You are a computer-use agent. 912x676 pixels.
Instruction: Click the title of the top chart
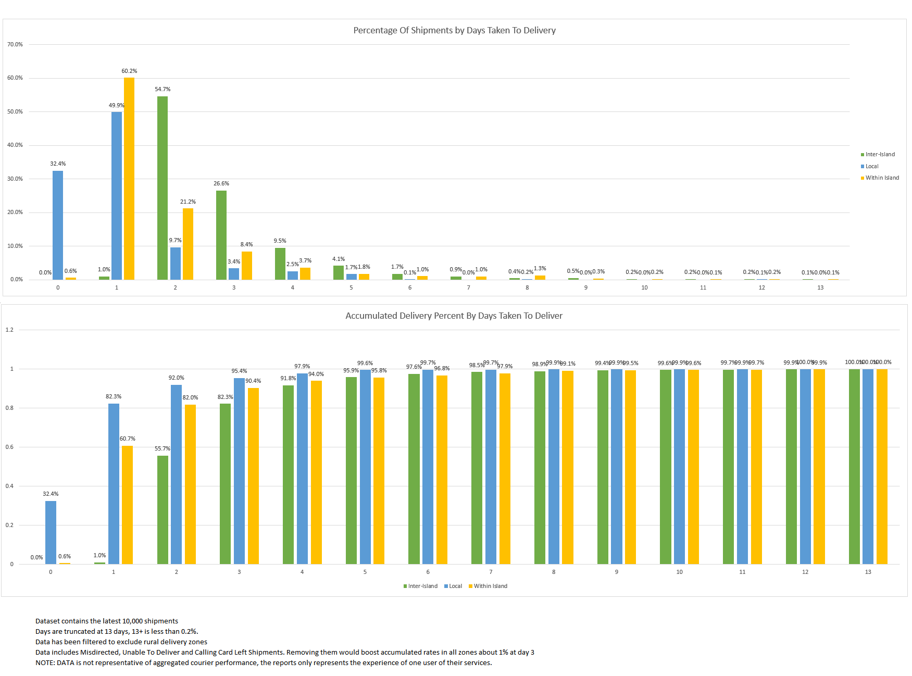pos(454,30)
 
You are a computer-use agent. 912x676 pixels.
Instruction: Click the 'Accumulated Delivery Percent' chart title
pos(454,316)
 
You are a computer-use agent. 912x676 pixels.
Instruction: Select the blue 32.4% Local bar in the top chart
pos(58,225)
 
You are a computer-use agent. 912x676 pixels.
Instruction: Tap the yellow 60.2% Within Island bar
pos(129,178)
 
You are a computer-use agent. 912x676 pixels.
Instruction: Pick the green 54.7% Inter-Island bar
pos(163,187)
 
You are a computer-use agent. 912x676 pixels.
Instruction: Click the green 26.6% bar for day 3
pos(221,235)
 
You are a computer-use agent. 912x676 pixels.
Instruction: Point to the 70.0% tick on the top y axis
pos(15,45)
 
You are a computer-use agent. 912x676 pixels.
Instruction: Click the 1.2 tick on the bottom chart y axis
pos(9,330)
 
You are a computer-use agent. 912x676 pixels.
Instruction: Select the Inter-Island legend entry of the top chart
pos(880,155)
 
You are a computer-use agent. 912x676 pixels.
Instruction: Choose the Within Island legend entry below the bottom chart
pos(490,586)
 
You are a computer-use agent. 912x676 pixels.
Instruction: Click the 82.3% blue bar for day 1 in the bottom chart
pos(114,483)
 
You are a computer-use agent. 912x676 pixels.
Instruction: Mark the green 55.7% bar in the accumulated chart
pos(163,509)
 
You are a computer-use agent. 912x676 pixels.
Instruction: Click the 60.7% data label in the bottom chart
pos(128,439)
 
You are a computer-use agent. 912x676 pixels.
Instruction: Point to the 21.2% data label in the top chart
pos(188,202)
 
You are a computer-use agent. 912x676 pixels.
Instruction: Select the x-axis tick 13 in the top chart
pos(820,288)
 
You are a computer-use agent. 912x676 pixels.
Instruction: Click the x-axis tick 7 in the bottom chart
pos(491,572)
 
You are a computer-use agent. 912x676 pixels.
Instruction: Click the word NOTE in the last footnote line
pos(44,663)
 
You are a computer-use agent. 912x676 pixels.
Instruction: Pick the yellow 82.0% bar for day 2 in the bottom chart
pos(190,484)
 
